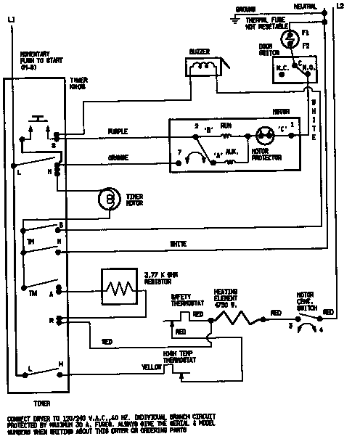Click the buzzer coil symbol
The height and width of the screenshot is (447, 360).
(x=205, y=67)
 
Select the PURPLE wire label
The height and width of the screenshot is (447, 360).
(x=118, y=131)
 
